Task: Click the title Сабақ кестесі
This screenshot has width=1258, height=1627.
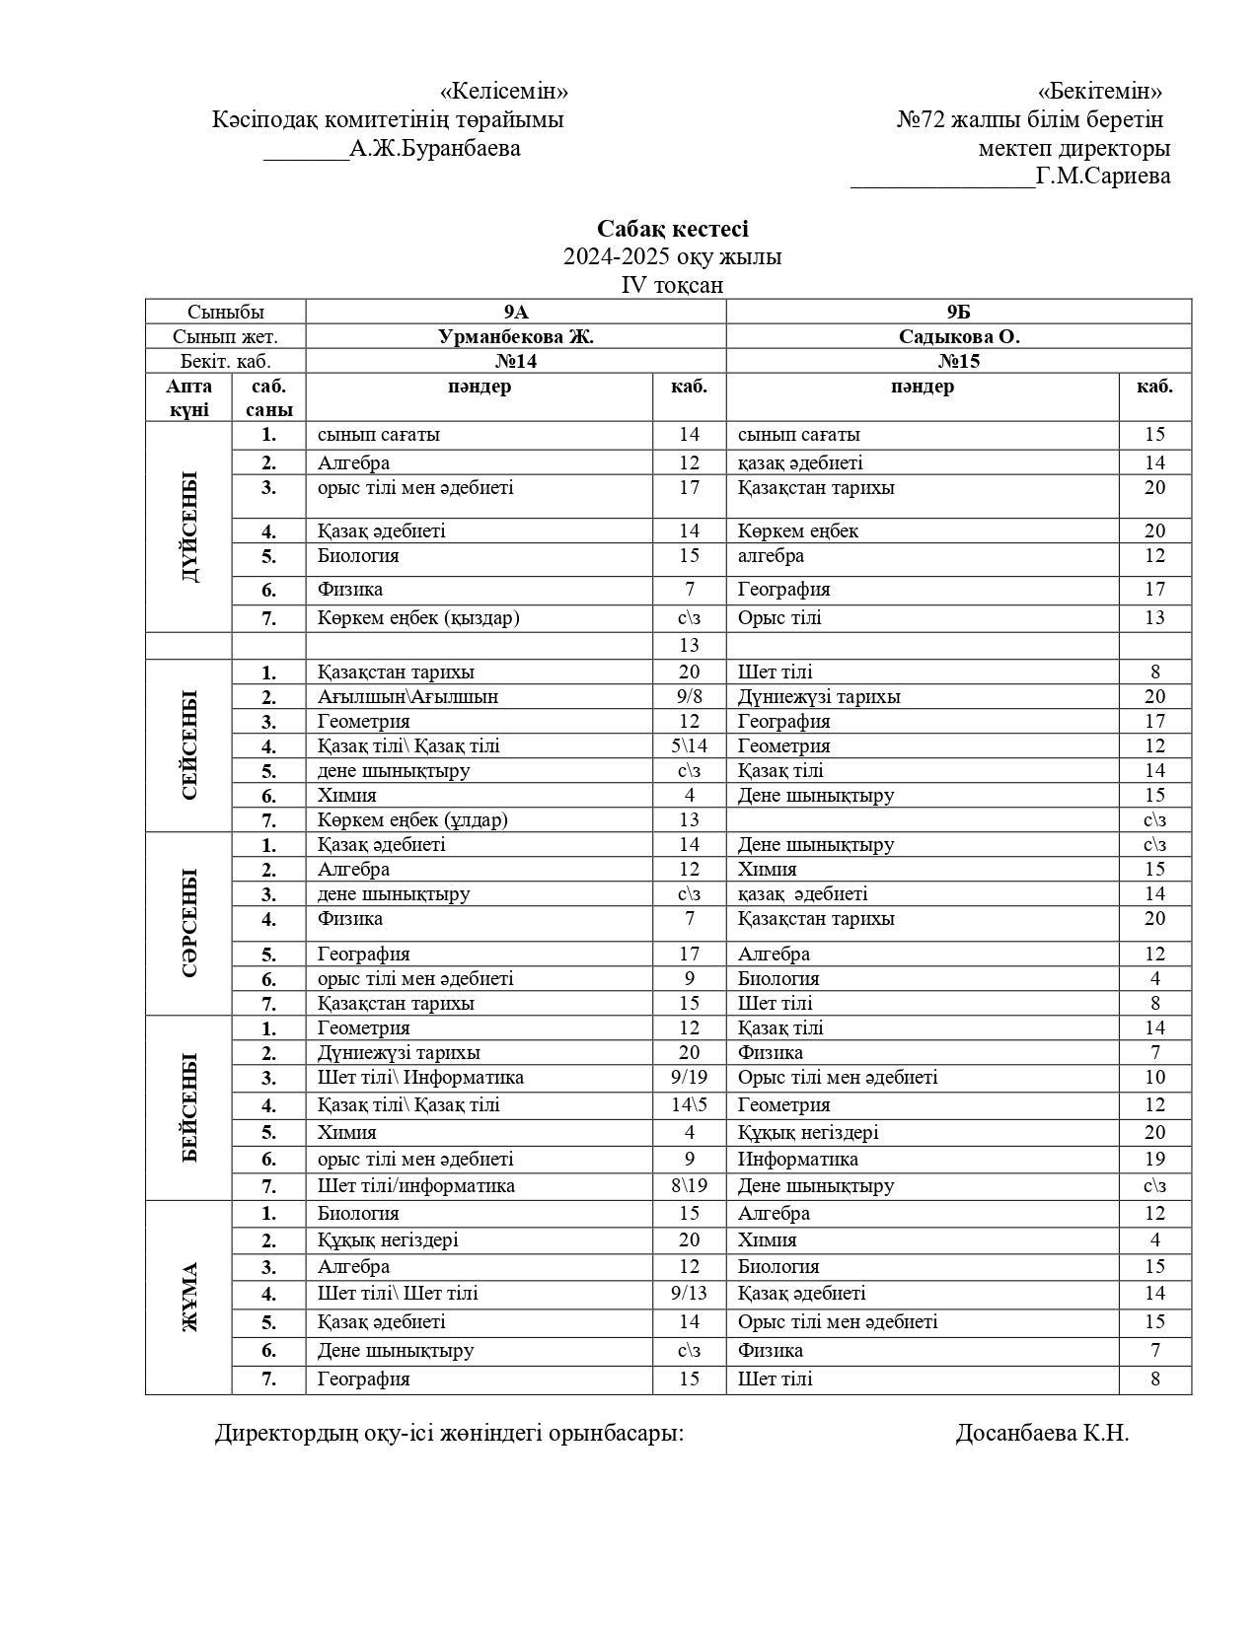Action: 672,229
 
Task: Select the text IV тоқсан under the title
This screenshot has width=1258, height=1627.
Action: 672,285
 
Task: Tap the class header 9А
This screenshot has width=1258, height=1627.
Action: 516,312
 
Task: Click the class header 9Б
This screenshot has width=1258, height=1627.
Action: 958,312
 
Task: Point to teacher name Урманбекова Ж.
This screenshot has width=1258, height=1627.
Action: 516,336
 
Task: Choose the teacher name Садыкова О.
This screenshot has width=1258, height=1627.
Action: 958,336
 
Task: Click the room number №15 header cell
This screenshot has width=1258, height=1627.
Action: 958,361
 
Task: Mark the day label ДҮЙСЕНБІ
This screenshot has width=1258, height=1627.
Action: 189,527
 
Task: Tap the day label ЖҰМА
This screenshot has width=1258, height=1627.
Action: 189,1297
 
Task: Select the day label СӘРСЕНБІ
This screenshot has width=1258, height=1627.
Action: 189,923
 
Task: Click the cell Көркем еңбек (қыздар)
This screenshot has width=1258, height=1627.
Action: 418,618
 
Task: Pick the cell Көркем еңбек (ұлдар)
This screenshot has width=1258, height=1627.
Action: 412,819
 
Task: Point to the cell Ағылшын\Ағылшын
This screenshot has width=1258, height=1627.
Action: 407,697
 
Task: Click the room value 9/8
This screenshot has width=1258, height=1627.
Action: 689,697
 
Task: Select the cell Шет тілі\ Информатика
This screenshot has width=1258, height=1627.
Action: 420,1078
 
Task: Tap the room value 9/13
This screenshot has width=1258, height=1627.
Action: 689,1293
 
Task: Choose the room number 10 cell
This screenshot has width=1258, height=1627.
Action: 1154,1078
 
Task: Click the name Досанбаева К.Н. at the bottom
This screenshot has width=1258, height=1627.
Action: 1042,1433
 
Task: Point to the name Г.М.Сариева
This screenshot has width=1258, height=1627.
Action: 1103,177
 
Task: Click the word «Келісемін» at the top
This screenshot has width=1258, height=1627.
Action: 504,92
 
